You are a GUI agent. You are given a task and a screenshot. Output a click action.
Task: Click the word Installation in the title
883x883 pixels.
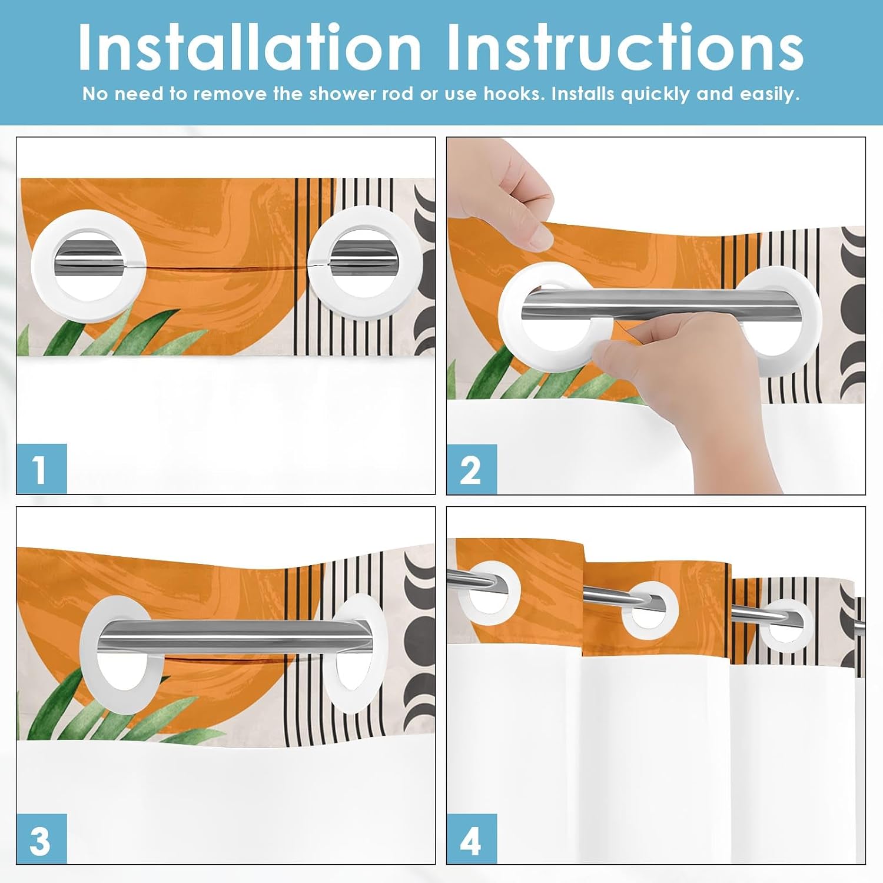[x=250, y=47]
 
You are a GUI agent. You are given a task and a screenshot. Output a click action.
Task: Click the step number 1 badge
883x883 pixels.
[x=41, y=469]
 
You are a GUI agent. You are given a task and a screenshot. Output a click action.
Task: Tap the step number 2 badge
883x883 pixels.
[x=472, y=469]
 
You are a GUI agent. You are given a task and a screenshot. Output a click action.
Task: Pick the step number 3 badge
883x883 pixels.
[x=41, y=839]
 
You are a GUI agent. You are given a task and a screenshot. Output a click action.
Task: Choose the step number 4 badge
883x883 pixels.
[x=472, y=839]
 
